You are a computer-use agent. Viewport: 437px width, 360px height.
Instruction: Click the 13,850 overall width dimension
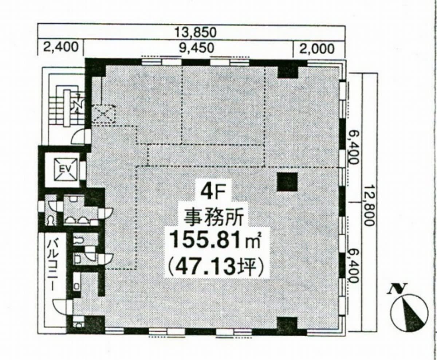point(196,32)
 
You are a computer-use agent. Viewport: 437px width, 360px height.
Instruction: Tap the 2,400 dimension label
point(61,47)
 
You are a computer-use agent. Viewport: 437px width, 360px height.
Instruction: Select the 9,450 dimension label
point(196,48)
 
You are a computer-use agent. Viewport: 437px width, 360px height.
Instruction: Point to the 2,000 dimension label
point(317,49)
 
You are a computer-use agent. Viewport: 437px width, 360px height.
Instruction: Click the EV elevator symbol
point(66,169)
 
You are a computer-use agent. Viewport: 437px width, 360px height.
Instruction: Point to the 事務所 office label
point(213,217)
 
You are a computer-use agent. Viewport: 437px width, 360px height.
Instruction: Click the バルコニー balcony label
point(52,265)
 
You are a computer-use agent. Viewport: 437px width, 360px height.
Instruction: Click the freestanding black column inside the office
point(287,182)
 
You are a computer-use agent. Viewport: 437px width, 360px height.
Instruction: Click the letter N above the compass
point(397,289)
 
